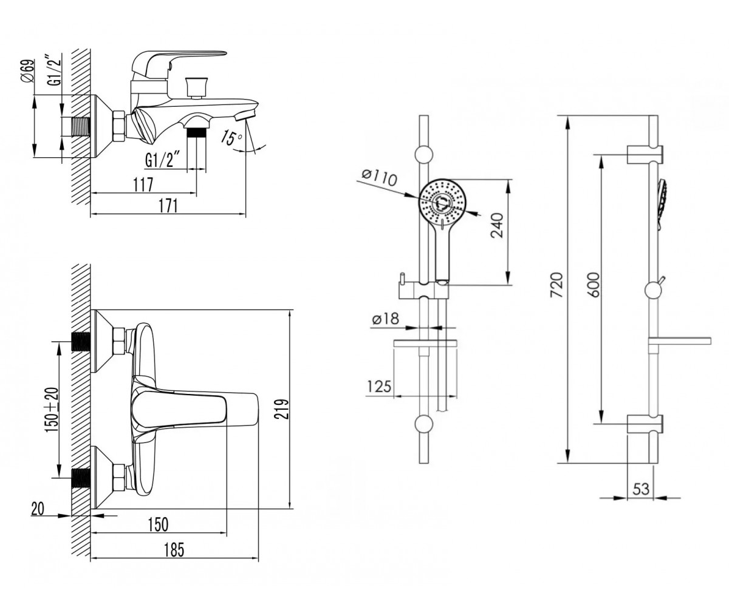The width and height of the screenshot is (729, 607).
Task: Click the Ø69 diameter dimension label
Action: click(x=29, y=71)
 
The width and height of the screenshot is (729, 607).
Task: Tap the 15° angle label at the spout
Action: click(x=231, y=137)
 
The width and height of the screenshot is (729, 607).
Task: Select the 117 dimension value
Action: click(x=143, y=185)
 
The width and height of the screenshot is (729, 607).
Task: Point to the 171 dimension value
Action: click(x=168, y=206)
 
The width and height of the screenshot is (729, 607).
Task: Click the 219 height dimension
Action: click(x=282, y=409)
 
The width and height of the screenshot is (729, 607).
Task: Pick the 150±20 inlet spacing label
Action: click(x=52, y=410)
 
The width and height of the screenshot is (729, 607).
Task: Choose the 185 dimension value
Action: click(x=174, y=550)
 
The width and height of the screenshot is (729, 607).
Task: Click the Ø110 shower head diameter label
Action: click(x=380, y=178)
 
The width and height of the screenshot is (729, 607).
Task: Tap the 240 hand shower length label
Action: click(x=497, y=225)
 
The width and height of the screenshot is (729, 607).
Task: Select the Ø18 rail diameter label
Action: click(x=385, y=318)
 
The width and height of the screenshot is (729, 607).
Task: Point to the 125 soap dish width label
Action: click(x=379, y=386)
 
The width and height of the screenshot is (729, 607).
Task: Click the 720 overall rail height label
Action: click(x=557, y=285)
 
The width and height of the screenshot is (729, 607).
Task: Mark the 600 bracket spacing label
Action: click(x=593, y=285)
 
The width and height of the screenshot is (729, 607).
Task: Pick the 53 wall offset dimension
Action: click(x=641, y=489)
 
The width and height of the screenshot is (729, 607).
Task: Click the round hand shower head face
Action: click(x=442, y=202)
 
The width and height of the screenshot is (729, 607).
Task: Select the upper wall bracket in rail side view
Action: click(x=645, y=154)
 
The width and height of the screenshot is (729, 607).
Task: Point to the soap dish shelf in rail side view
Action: click(x=679, y=341)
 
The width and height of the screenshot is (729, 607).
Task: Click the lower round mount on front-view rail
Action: click(x=424, y=424)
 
